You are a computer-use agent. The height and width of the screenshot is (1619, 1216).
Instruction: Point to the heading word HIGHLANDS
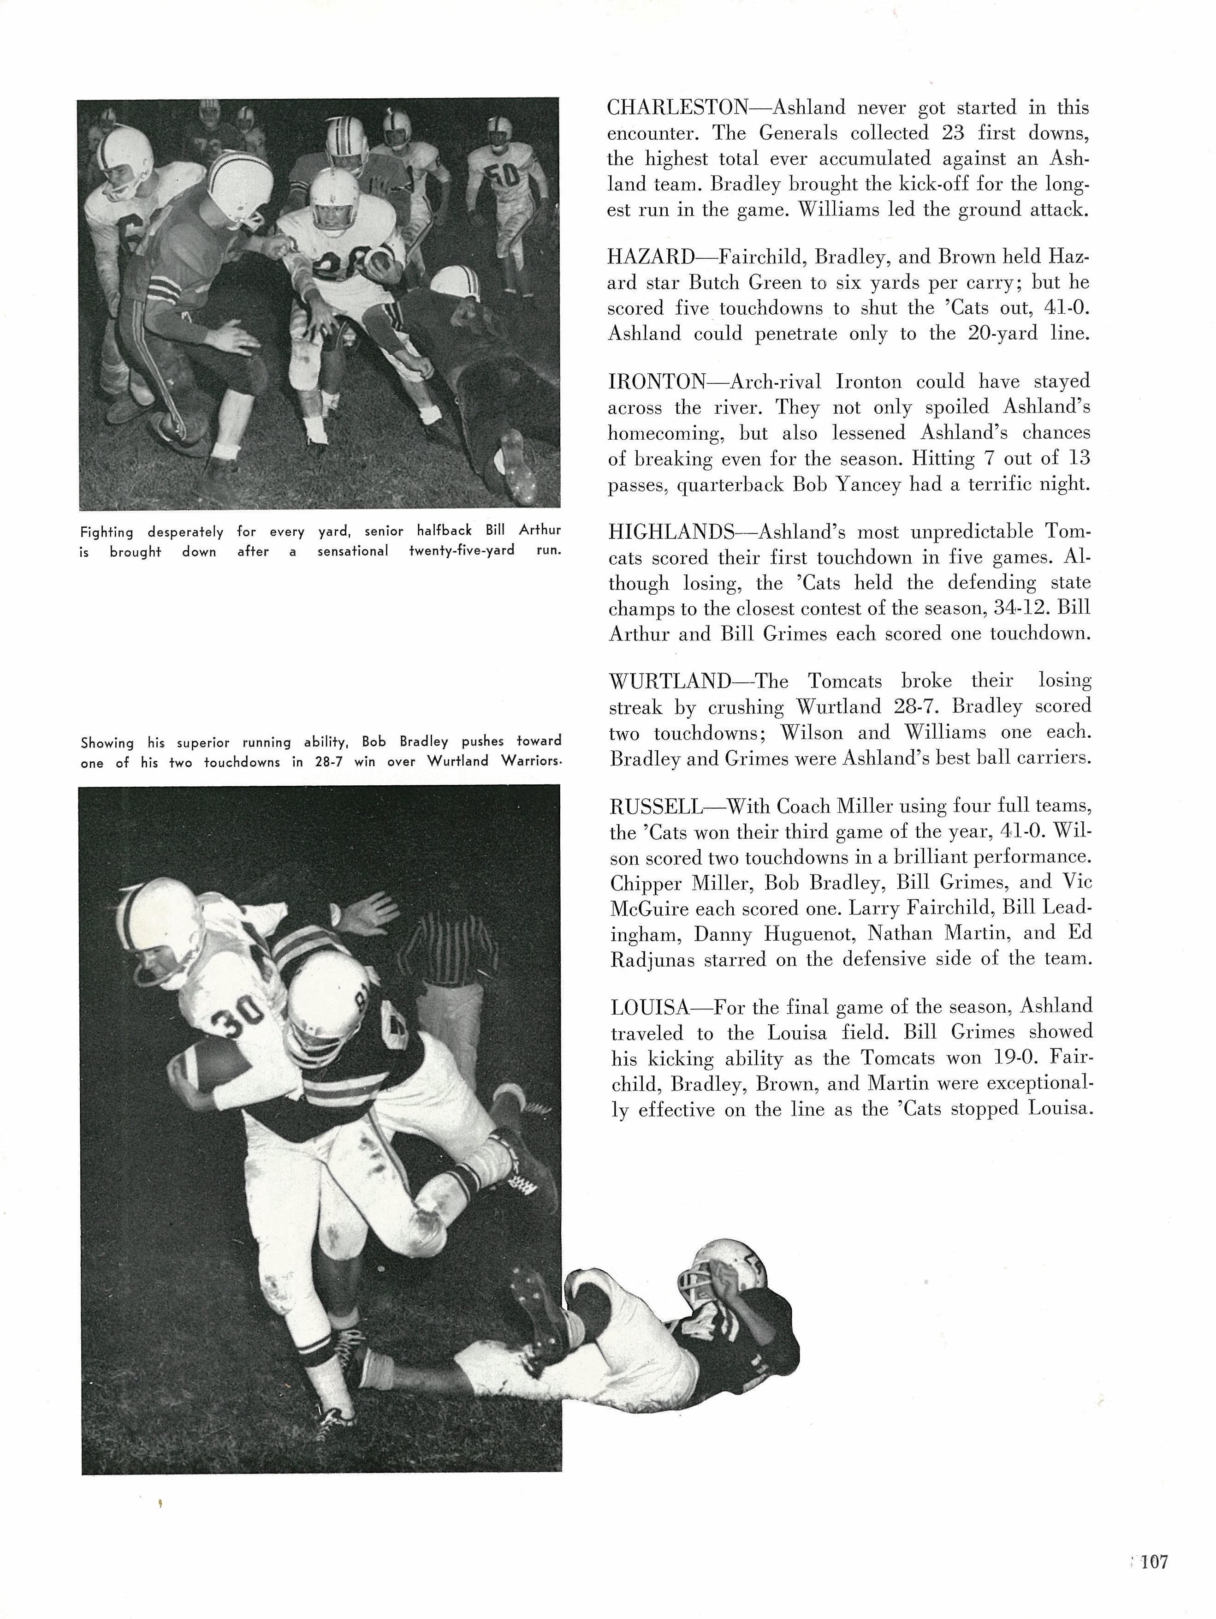(x=671, y=532)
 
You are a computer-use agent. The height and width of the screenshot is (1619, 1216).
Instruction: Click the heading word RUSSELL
(x=655, y=807)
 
